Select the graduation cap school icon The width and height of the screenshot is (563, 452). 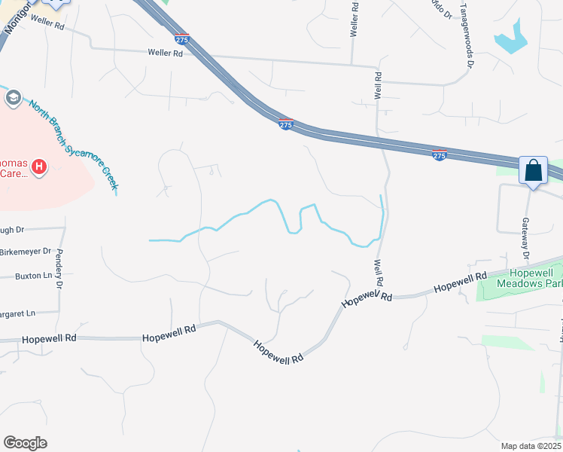13,97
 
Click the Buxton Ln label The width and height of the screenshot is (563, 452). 33,276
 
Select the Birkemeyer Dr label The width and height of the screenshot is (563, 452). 25,251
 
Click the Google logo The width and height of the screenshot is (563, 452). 25,442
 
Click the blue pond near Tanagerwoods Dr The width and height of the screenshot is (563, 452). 512,38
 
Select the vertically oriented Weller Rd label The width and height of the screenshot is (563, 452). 353,20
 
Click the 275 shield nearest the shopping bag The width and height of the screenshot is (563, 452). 440,154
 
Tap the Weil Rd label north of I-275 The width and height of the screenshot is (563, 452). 378,88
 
